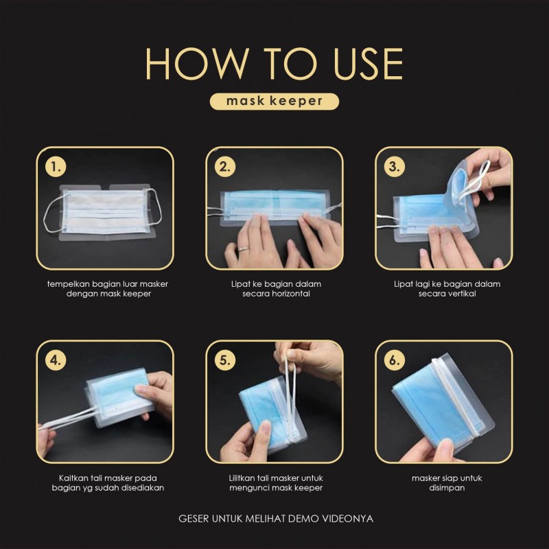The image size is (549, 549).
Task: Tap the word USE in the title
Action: click(368, 64)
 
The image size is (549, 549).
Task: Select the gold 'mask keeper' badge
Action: click(274, 101)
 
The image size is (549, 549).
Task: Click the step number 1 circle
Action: click(56, 167)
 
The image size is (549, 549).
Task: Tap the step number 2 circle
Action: click(225, 167)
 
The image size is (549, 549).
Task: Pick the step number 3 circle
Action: click(395, 167)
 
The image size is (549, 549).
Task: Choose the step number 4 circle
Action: click(56, 360)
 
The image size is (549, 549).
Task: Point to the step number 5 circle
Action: click(225, 360)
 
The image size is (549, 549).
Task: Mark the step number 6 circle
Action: click(395, 360)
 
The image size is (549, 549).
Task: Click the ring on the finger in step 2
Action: click(244, 249)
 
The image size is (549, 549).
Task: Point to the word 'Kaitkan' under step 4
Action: click(73, 478)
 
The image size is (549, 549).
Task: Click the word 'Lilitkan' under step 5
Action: click(242, 478)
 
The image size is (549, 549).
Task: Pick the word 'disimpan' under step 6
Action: click(447, 488)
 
